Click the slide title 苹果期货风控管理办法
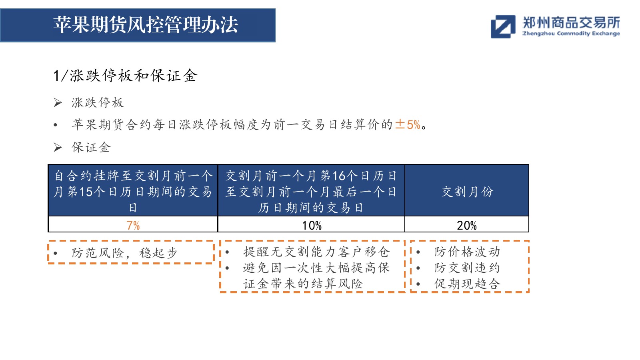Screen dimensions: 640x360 146,25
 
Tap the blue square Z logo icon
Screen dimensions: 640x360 503,26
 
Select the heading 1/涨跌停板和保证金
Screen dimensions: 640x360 126,76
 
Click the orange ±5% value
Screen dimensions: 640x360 408,124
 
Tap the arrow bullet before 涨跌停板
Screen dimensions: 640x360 58,102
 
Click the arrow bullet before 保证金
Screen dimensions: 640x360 58,148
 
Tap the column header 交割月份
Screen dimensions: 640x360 468,192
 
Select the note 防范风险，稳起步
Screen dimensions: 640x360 124,253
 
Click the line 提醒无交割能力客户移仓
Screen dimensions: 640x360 316,252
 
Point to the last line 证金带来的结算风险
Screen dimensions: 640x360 303,284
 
